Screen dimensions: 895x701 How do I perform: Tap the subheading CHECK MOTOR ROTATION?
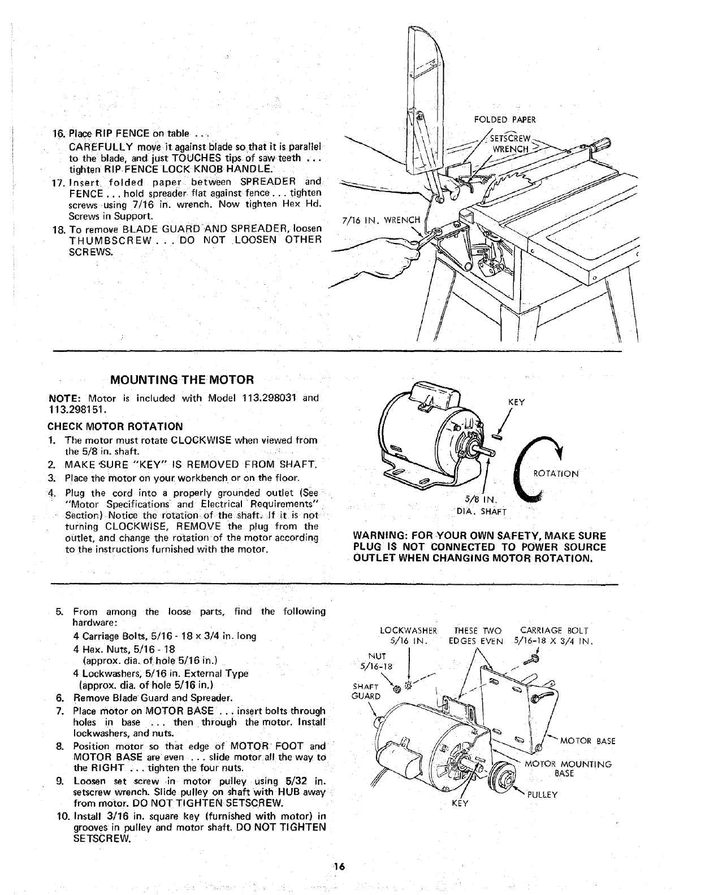116,426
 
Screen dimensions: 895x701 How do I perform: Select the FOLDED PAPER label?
504,119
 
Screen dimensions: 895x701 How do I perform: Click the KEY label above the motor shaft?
517,402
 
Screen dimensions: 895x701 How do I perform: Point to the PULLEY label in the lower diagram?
542,794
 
